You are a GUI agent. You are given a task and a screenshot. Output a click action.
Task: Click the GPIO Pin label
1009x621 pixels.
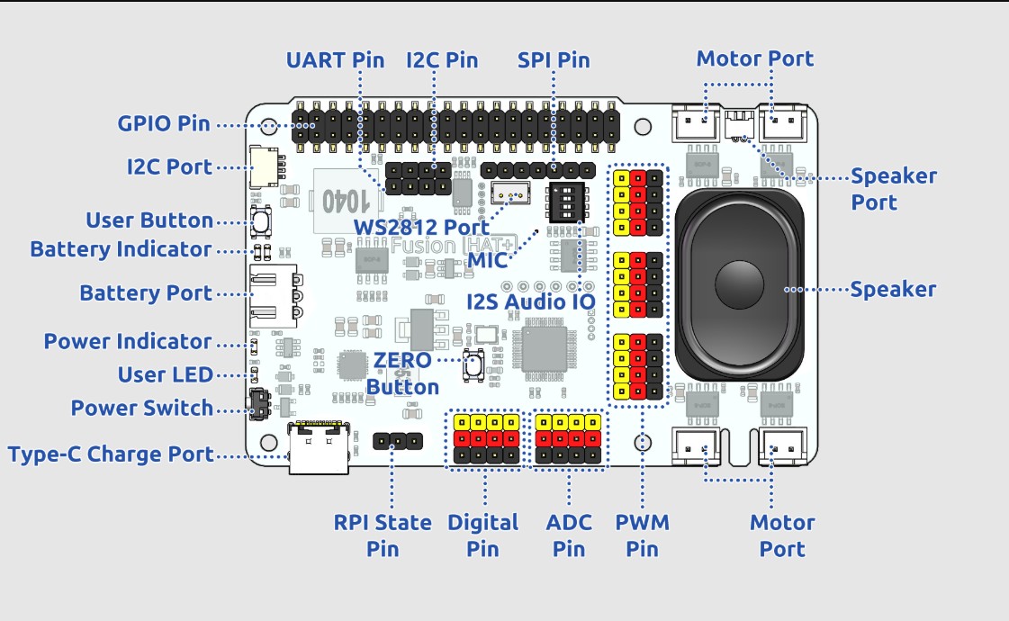click(x=164, y=123)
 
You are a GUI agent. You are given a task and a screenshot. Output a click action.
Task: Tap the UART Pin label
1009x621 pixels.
click(x=335, y=60)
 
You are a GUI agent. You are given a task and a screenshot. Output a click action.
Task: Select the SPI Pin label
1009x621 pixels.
click(x=554, y=60)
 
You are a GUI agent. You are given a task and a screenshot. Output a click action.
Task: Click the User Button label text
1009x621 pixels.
click(x=149, y=220)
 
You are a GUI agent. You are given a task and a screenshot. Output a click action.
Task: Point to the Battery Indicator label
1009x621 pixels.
click(x=121, y=248)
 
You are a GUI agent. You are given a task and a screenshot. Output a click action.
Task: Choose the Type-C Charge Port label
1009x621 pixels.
click(x=112, y=454)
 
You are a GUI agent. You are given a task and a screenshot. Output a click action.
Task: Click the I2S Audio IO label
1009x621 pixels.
click(x=530, y=301)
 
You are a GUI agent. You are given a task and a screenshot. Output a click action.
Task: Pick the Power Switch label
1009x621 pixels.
click(x=142, y=408)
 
